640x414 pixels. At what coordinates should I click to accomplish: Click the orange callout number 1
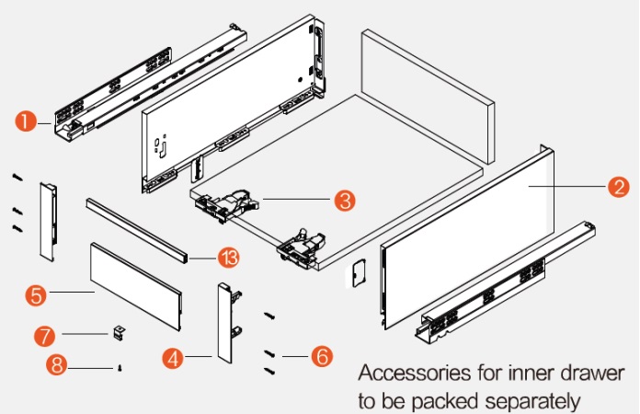pyautogui.click(x=26, y=121)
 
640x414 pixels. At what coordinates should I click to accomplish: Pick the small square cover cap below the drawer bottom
pyautogui.click(x=358, y=274)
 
